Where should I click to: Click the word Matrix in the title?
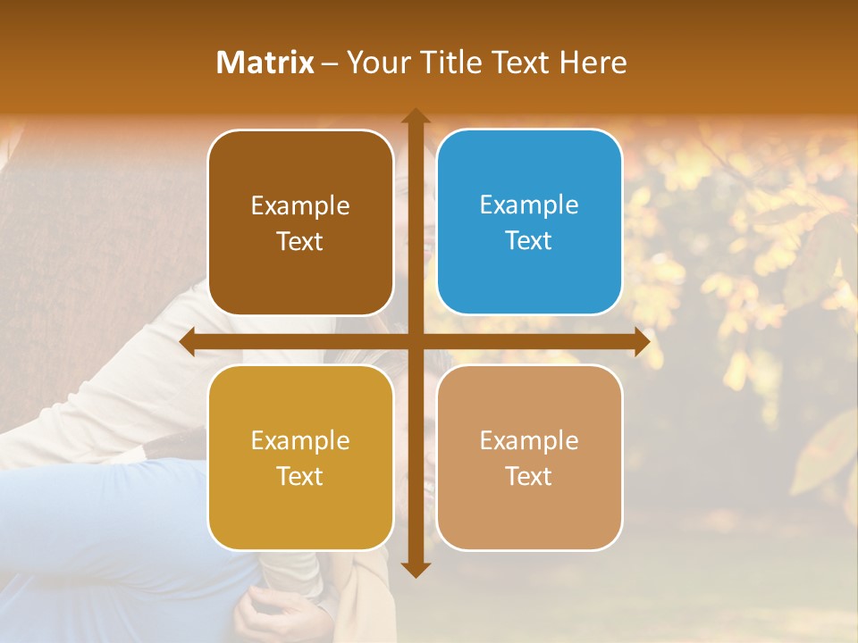[265, 63]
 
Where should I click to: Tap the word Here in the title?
[593, 63]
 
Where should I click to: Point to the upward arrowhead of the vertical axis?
[416, 116]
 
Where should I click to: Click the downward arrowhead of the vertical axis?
[416, 570]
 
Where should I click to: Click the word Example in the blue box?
[529, 205]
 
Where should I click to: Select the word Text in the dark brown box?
[300, 241]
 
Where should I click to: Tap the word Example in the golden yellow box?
[300, 440]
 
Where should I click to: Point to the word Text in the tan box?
[529, 476]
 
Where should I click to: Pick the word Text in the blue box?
[529, 240]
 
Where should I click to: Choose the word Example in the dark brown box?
[300, 205]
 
